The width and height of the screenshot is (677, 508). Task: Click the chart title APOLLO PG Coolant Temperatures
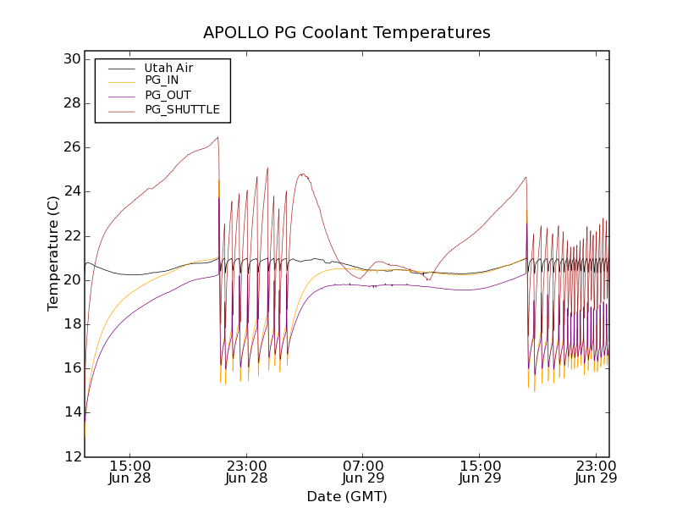point(347,33)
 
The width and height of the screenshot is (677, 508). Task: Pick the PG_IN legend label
point(162,80)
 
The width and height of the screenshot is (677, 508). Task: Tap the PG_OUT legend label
point(168,95)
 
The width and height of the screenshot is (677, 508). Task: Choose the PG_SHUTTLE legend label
point(182,109)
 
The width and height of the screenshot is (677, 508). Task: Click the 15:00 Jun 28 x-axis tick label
point(130,472)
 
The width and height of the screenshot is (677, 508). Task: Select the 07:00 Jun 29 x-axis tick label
point(364,472)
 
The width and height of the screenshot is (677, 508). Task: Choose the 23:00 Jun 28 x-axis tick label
point(247,472)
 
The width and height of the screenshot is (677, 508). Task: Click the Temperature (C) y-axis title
point(53,253)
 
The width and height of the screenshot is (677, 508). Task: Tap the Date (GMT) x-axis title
point(347,496)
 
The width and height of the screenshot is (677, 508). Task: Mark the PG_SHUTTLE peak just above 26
point(217,137)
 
